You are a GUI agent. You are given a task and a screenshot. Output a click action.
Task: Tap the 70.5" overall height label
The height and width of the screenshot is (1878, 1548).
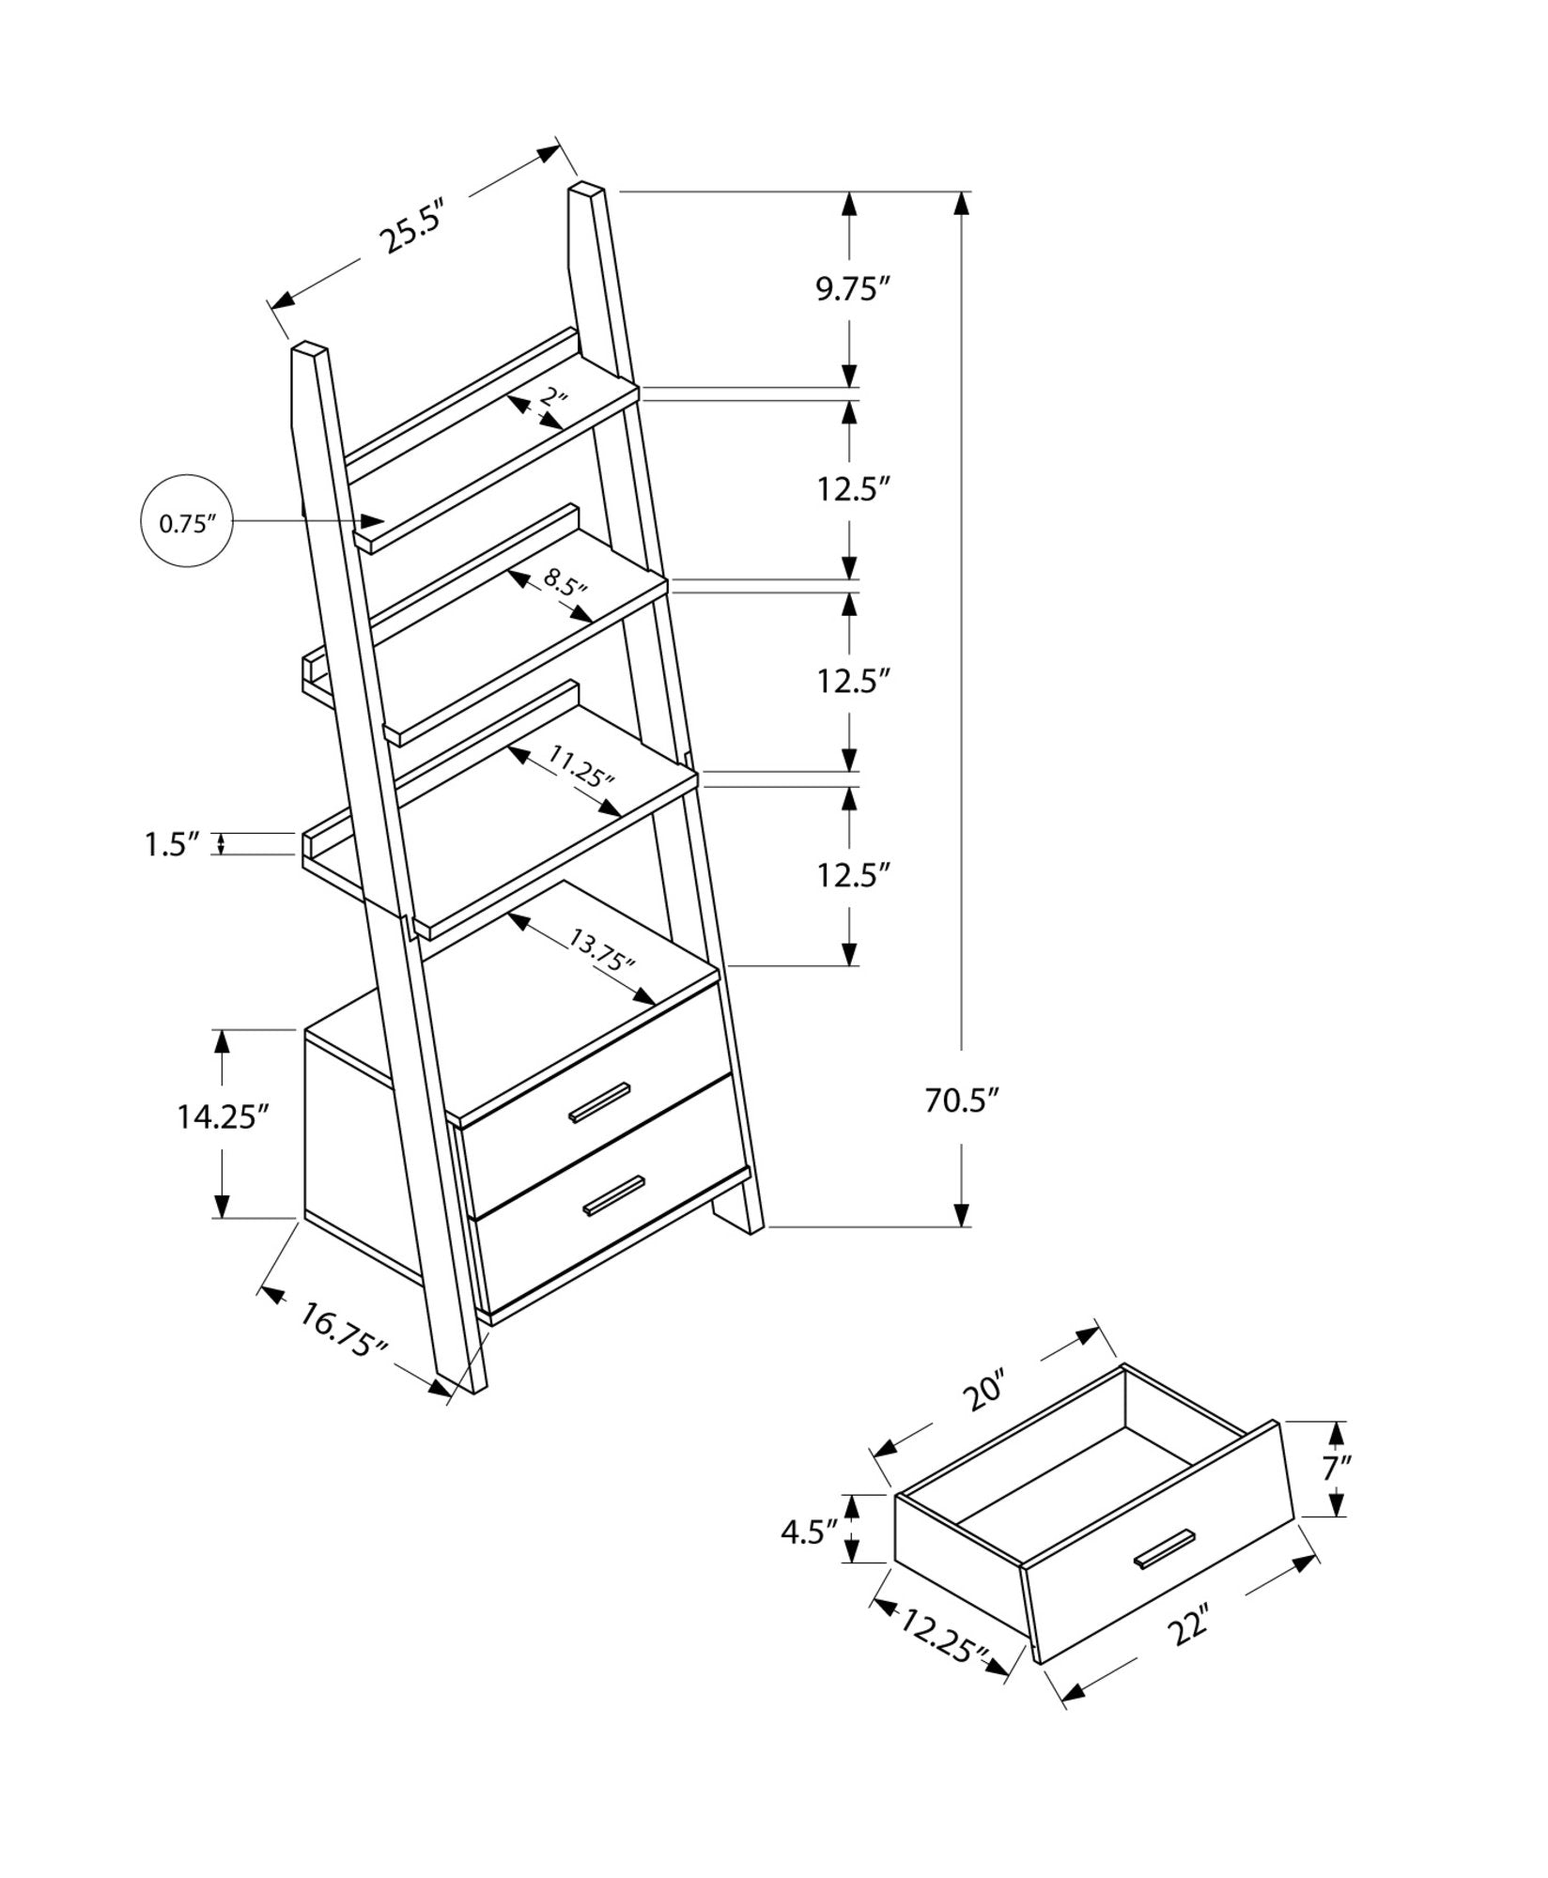pyautogui.click(x=959, y=1099)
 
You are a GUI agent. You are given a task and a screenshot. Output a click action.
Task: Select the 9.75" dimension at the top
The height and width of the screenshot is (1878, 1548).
pyautogui.click(x=851, y=290)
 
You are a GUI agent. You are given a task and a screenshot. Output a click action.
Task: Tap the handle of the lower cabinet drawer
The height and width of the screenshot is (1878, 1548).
pyautogui.click(x=614, y=1194)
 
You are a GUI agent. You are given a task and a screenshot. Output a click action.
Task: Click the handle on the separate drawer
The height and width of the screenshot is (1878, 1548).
pyautogui.click(x=1164, y=1548)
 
